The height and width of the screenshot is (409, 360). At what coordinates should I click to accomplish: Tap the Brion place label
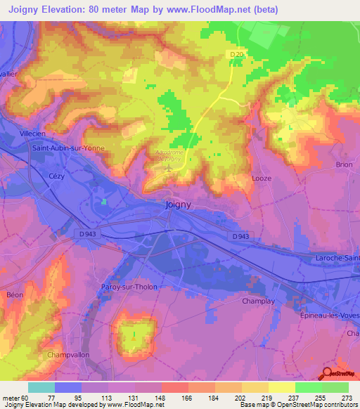(344, 164)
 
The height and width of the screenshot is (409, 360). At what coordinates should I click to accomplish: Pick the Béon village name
(15, 295)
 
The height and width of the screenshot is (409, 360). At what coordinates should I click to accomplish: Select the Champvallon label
(69, 356)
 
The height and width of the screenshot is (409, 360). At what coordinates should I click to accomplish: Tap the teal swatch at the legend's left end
(41, 387)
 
